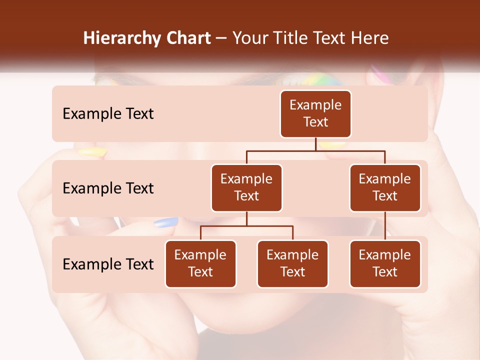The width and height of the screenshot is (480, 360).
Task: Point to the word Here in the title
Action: click(x=369, y=38)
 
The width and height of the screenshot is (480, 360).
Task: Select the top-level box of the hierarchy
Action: click(x=315, y=114)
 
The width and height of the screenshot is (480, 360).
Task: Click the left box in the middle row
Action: click(x=246, y=187)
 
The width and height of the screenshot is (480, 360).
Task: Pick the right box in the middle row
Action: click(x=385, y=187)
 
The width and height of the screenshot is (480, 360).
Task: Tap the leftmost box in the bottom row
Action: click(x=200, y=263)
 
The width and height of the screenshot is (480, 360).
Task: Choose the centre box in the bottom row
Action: click(x=292, y=263)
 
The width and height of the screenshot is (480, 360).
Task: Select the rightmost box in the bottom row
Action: click(x=385, y=263)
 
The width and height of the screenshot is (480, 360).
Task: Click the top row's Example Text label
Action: click(x=108, y=114)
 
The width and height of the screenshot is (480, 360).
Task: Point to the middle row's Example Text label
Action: click(x=108, y=188)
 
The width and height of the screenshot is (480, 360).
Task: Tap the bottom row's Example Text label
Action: click(x=108, y=264)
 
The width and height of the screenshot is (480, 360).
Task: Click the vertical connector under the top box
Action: click(x=315, y=144)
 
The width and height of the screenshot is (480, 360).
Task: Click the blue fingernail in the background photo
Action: click(x=166, y=222)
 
